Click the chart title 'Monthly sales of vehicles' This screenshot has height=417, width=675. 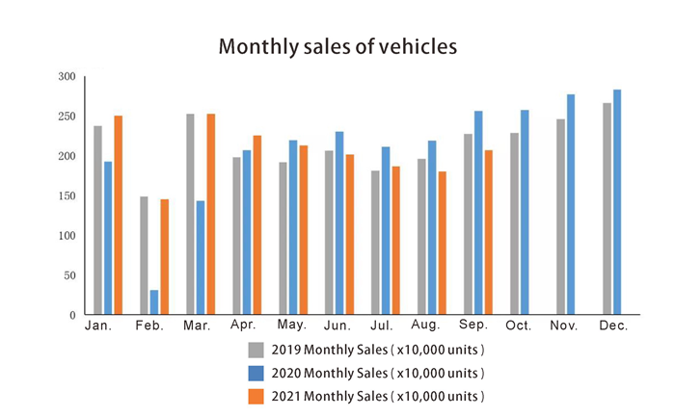tap(337, 46)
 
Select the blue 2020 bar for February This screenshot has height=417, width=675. tap(154, 302)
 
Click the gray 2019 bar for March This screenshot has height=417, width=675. tap(190, 215)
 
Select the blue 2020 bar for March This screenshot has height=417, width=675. tap(201, 258)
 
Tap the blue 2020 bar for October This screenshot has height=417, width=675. tap(525, 213)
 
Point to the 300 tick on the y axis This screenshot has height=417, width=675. tap(66, 77)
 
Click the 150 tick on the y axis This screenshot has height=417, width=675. tap(66, 196)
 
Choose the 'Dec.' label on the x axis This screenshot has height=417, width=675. tap(612, 326)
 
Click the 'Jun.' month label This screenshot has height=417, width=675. tap(336, 326)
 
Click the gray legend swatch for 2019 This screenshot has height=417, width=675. tap(256, 350)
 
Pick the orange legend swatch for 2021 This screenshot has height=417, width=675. tap(256, 396)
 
